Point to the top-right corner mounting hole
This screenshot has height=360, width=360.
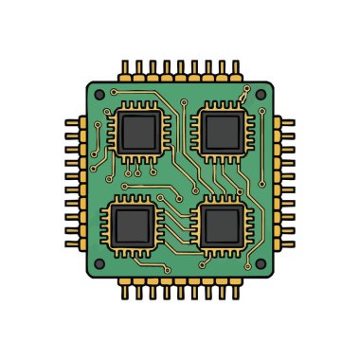(x=260, y=96)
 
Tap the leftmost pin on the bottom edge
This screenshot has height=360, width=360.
(x=123, y=289)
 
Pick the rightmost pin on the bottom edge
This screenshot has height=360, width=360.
(x=236, y=289)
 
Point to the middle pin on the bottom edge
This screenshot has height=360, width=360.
(x=180, y=289)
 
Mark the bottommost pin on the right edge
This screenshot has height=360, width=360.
(x=287, y=236)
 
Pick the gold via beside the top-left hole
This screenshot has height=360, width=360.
(x=114, y=92)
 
